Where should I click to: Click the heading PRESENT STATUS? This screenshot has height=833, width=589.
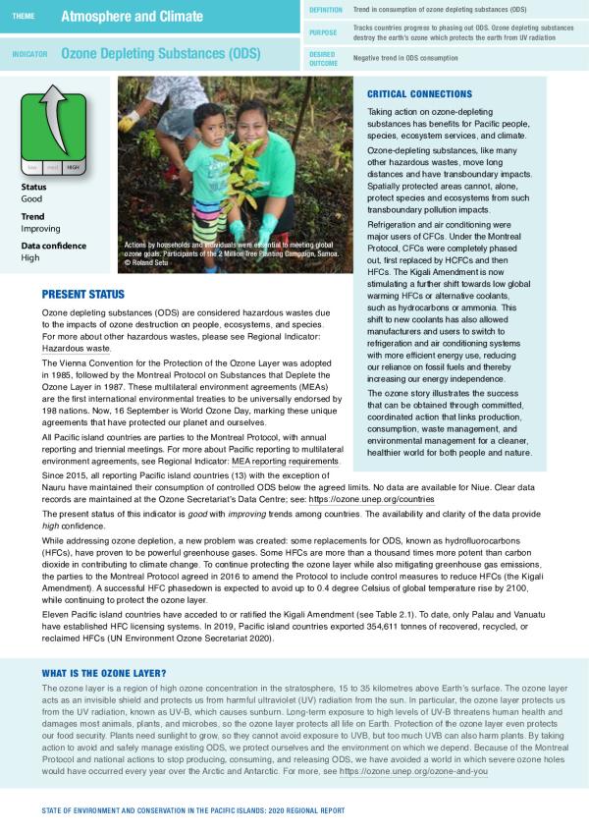83,294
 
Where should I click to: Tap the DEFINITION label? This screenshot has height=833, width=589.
326,9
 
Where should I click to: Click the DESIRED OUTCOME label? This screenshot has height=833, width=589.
323,58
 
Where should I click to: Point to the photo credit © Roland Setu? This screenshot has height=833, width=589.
148,263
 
